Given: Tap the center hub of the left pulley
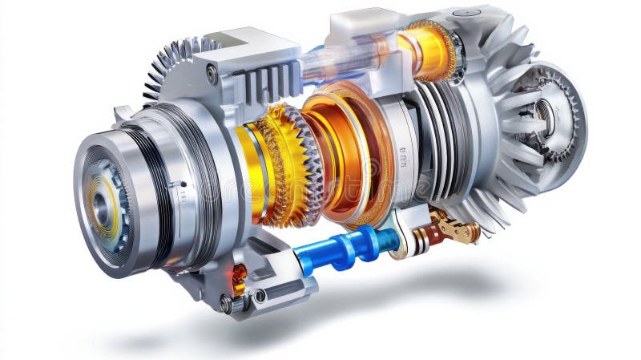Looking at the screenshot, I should point(102,208).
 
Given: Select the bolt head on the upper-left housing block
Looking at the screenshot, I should point(212,75).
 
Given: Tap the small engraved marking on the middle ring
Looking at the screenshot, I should point(402,160).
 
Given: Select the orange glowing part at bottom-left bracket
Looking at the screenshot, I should point(239,277).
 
